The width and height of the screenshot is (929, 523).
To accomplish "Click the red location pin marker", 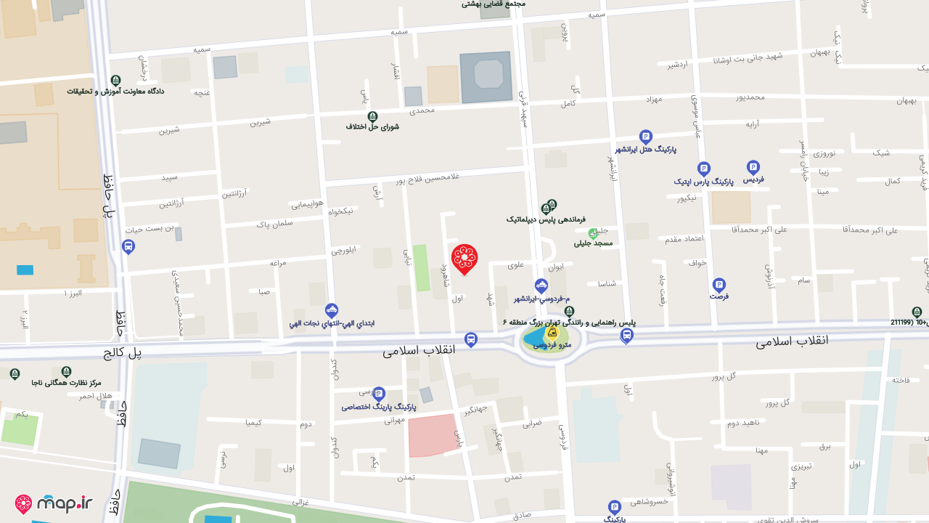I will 464,259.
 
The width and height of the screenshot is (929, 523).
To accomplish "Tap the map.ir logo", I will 54,503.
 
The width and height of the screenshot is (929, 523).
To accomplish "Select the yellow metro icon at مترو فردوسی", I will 552,333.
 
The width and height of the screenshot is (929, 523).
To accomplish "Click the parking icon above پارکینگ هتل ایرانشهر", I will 646,137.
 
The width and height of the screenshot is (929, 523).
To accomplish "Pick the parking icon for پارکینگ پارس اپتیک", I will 703,169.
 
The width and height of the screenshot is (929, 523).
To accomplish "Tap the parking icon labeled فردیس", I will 753,167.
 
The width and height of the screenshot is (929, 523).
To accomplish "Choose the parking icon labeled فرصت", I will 719,285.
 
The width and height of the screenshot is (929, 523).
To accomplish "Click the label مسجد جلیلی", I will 594,243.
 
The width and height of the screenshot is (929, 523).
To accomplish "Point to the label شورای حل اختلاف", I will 372,127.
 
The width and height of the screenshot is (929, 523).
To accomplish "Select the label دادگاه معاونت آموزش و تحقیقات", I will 116,92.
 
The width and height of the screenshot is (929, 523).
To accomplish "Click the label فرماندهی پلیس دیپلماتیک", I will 546,219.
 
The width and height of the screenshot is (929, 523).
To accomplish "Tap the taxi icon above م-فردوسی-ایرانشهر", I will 541,285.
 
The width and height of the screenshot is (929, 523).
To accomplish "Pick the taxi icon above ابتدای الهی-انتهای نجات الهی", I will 332,310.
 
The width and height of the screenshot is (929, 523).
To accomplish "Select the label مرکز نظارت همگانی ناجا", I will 66,382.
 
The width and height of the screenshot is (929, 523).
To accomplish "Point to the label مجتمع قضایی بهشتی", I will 494,4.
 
